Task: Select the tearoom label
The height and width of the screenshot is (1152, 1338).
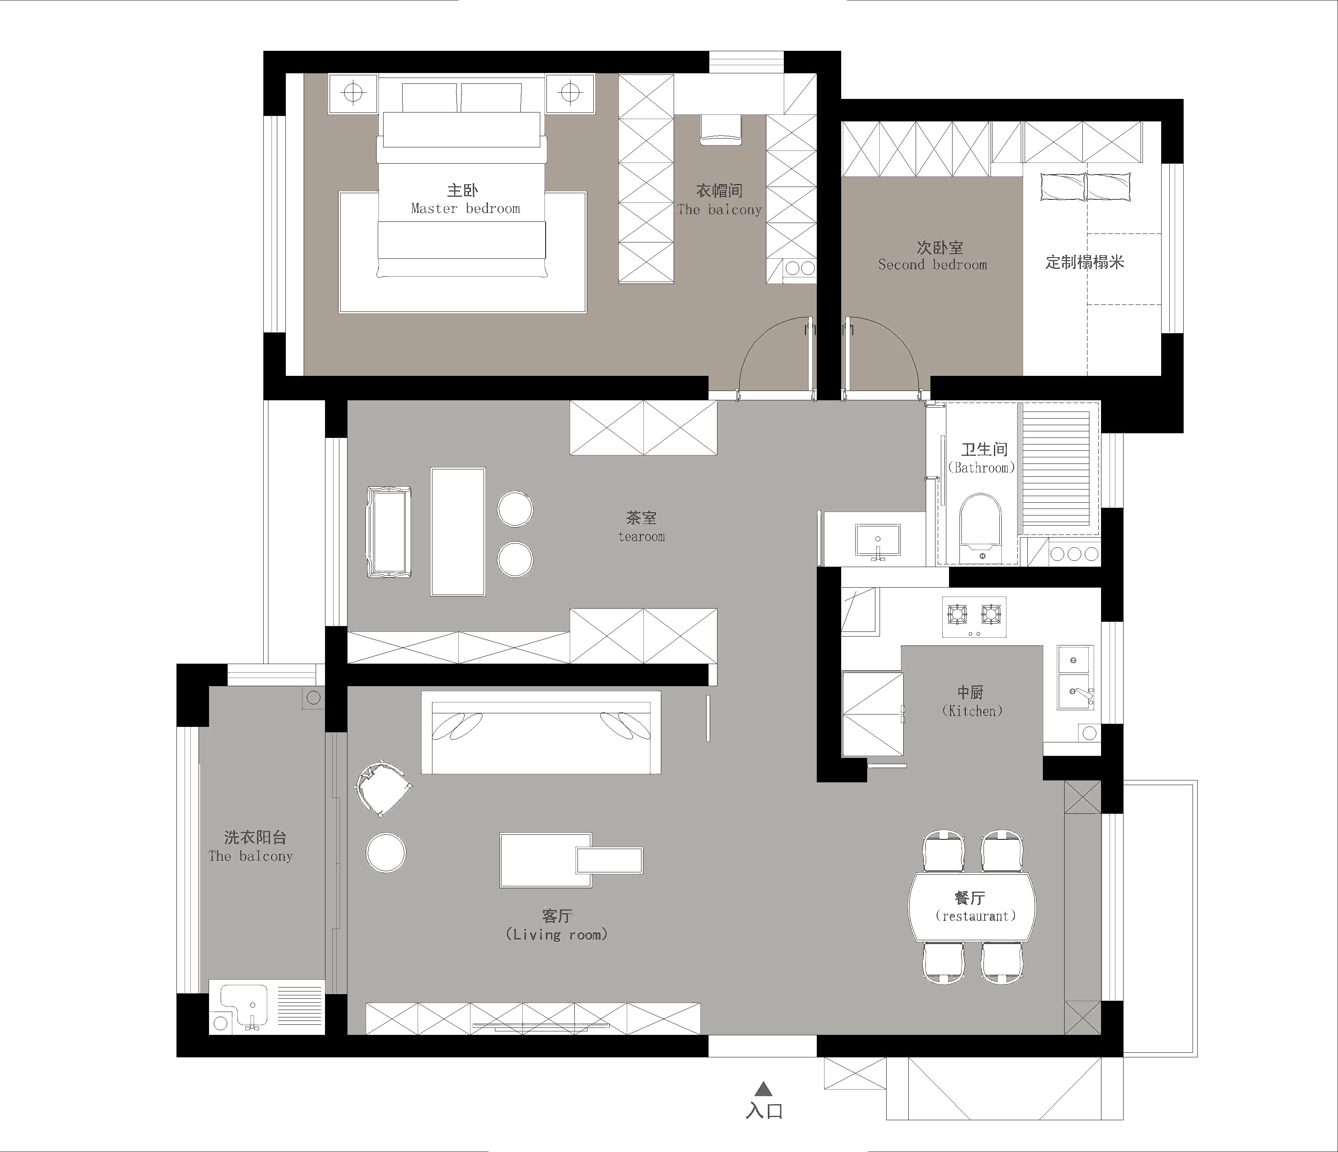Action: pos(641,536)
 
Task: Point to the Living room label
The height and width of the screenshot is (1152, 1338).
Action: pos(557,934)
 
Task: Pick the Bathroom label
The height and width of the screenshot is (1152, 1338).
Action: pos(982,467)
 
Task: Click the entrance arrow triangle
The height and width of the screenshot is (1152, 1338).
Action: pos(764,1090)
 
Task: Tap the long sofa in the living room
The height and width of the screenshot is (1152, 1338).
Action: pos(541,732)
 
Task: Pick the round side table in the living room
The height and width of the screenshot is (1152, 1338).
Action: pos(386,853)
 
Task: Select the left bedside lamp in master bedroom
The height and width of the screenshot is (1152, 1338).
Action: pos(353,93)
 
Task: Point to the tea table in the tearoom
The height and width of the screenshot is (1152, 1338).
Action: pos(458,531)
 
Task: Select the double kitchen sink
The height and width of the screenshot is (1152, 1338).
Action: pos(1075,677)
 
